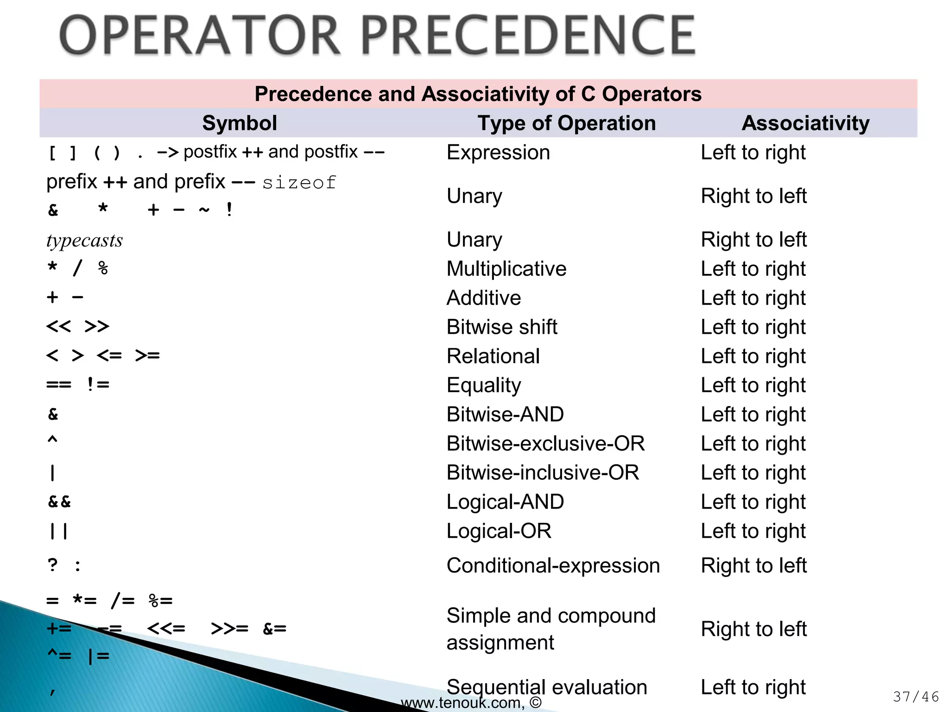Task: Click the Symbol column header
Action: [x=240, y=123]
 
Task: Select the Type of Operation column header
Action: [x=566, y=123]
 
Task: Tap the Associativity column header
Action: [x=805, y=123]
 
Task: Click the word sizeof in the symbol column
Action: [x=299, y=183]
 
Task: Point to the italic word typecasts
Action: [x=85, y=241]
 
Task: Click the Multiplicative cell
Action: [x=506, y=269]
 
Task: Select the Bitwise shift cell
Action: [x=502, y=327]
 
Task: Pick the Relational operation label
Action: [x=493, y=356]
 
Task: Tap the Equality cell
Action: [x=484, y=385]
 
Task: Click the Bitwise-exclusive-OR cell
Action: [x=545, y=444]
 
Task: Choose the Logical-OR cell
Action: [x=499, y=531]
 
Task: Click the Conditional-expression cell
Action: [x=553, y=566]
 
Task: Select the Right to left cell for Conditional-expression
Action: [x=754, y=566]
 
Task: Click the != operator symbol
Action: [x=98, y=384]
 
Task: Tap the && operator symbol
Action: [x=59, y=502]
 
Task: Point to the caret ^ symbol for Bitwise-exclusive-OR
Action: [x=52, y=440]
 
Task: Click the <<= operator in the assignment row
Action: [x=166, y=629]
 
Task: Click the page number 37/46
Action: [x=916, y=697]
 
